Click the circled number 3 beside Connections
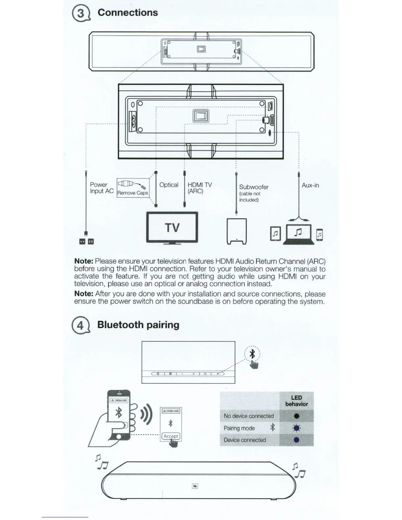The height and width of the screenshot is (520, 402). [79, 14]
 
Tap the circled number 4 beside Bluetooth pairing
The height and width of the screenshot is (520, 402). [79, 326]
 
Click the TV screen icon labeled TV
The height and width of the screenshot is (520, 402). [172, 227]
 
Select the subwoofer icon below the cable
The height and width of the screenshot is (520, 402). [237, 231]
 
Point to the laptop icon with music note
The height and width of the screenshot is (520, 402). [298, 234]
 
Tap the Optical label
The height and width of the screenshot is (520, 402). [169, 185]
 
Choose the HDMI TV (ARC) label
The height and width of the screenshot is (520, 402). [199, 188]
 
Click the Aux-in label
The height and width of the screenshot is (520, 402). [310, 185]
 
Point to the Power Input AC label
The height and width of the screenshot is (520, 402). [101, 188]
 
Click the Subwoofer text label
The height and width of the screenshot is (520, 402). [254, 187]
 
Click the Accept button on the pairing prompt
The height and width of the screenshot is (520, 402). [171, 436]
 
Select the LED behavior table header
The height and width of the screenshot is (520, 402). [296, 401]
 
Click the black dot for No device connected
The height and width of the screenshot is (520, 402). [297, 416]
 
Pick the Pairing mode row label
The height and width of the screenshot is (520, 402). [239, 428]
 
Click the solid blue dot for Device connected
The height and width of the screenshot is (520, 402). [297, 440]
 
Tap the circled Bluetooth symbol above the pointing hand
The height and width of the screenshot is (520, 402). [253, 354]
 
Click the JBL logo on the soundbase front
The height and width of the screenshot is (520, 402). [195, 486]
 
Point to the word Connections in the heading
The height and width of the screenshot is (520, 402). [128, 12]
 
